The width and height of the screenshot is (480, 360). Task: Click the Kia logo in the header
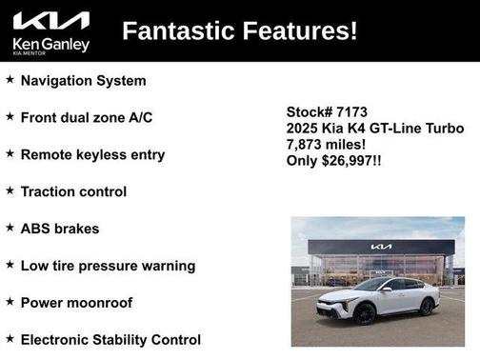(50, 21)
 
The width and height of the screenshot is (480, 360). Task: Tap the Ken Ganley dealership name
(50, 44)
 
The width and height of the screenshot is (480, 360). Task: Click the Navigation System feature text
(83, 81)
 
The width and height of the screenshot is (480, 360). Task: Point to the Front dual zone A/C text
(86, 118)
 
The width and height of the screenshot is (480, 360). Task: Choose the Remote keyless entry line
(92, 154)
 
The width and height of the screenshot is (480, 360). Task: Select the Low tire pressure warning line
(108, 266)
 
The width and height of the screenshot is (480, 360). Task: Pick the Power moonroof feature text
(76, 303)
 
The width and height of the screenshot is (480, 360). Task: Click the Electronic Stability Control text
(110, 340)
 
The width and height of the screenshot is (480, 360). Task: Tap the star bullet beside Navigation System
(10, 81)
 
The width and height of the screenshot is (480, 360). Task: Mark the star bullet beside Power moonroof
(10, 303)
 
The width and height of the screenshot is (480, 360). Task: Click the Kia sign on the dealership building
(381, 247)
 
